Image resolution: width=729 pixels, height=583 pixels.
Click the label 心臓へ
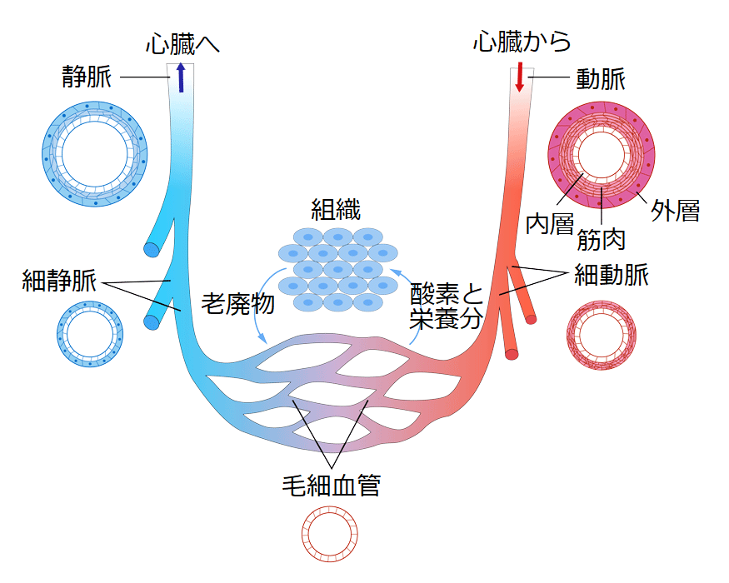click(x=182, y=43)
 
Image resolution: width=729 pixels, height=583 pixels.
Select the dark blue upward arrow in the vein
click(x=181, y=79)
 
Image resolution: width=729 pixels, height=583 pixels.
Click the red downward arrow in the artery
click(x=520, y=77)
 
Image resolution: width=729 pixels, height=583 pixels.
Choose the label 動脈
click(x=601, y=79)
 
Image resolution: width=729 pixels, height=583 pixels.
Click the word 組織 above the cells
click(x=337, y=208)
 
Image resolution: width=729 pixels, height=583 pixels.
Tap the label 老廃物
click(x=237, y=303)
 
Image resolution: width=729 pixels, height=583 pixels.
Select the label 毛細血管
click(x=332, y=485)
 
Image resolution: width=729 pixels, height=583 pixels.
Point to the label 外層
click(x=675, y=211)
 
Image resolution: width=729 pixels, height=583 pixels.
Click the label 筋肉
click(x=601, y=240)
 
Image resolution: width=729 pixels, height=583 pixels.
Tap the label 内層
click(x=551, y=223)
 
